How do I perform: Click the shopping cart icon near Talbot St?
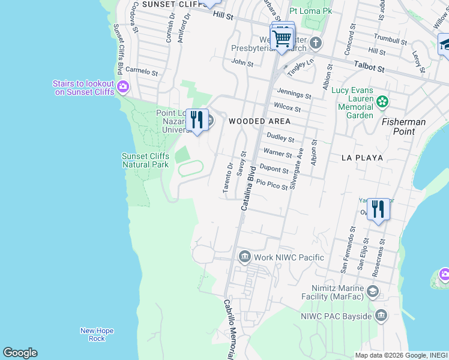282,39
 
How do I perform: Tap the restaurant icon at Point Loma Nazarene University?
197,121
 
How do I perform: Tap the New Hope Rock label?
97,335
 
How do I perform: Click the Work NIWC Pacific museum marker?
244,257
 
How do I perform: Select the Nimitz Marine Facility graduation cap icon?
373,292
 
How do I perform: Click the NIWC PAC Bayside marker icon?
381,315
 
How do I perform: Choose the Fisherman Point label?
404,127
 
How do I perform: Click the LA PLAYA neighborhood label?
361,158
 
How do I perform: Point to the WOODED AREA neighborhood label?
259,121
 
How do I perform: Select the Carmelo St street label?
141,71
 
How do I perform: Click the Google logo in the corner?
20,353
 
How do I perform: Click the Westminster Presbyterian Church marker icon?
316,44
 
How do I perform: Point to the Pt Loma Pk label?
310,11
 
